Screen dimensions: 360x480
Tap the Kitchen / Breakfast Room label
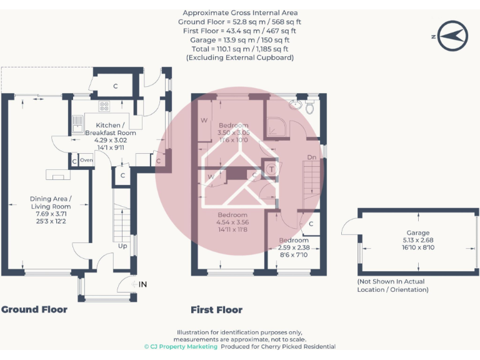coord(110,129)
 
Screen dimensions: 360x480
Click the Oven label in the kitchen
coord(86,161)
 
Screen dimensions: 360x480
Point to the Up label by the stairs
coord(124,246)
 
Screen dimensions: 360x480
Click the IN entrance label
coord(142,285)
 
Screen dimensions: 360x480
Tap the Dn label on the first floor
coord(311,157)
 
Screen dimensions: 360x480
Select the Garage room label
coord(418,232)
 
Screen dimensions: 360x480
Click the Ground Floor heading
coord(34,309)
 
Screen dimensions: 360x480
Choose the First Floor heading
coord(216,309)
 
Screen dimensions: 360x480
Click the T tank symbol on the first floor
coord(272,169)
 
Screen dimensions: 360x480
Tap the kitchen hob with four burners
coord(104,106)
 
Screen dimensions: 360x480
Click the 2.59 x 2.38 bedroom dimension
coord(294,247)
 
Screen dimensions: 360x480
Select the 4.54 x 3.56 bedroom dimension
coord(232,222)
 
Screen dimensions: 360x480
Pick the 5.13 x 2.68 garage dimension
coord(418,240)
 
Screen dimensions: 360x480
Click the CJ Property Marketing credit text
coord(181,347)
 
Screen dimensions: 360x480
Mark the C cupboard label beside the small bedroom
coord(311,224)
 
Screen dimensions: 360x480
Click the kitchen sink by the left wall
coord(78,122)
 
